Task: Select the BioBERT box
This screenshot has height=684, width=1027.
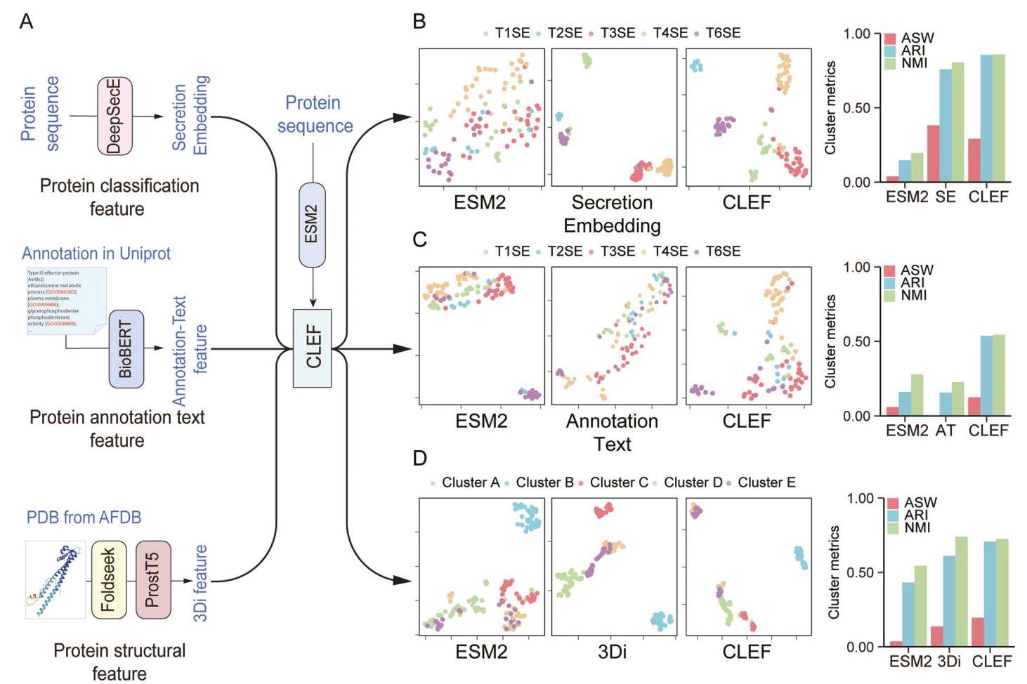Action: [x=126, y=350]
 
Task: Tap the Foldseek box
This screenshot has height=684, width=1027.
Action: [x=109, y=580]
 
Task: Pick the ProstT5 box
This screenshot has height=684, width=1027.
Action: [x=153, y=580]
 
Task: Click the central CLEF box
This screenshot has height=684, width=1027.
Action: [x=313, y=348]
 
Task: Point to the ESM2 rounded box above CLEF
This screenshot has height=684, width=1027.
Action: [x=313, y=225]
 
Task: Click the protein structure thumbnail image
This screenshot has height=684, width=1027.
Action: [x=55, y=579]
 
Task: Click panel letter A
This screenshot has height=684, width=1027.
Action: [x=26, y=22]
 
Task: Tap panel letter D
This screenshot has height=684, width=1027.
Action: [x=419, y=459]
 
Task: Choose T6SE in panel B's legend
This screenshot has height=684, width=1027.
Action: [x=722, y=33]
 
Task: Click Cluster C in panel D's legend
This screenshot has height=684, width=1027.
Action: [x=618, y=482]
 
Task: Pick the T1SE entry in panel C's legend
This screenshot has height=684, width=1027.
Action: [x=511, y=251]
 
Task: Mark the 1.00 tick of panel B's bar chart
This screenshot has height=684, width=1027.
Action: [x=856, y=34]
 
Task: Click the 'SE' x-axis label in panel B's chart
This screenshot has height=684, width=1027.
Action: [x=946, y=197]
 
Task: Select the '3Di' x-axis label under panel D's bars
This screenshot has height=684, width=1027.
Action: [x=949, y=662]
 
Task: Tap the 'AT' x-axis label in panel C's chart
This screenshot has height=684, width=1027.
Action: [x=946, y=430]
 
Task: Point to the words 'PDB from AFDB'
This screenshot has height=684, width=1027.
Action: [x=84, y=518]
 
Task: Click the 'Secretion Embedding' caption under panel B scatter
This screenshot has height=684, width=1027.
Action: [x=612, y=213]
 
